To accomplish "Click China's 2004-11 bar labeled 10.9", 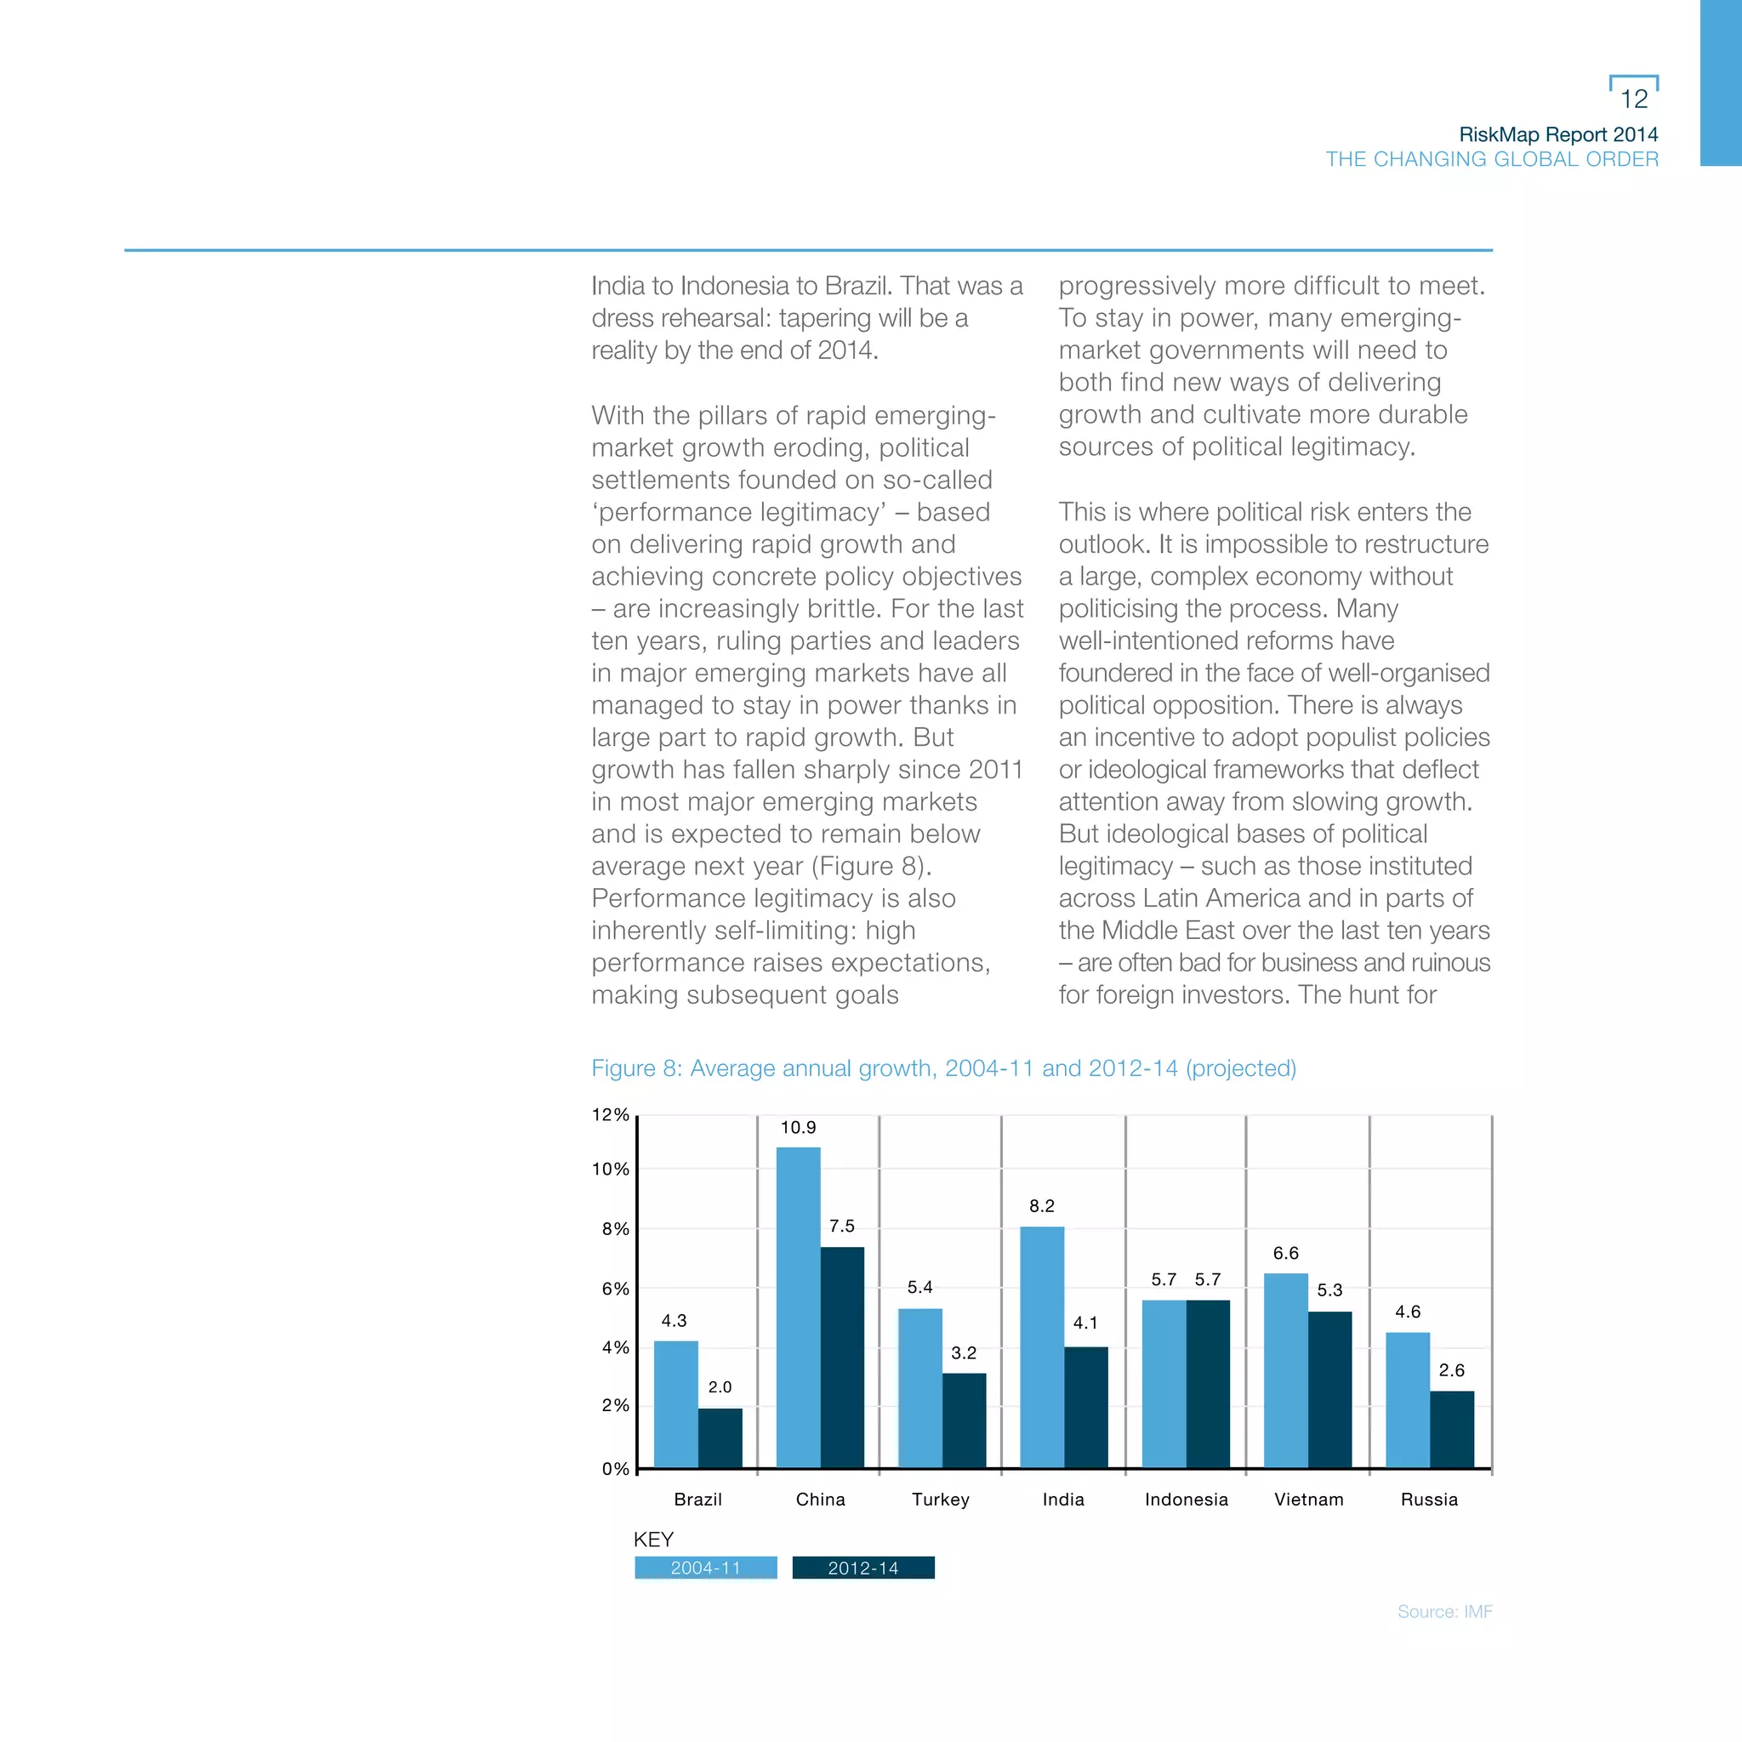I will pos(798,1307).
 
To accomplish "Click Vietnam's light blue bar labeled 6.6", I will pos(1286,1369).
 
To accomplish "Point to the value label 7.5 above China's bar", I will pos(841,1226).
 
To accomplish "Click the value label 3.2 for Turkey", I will pos(963,1352).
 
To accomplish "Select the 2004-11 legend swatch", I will pos(705,1568).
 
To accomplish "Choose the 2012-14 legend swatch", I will pos(862,1568).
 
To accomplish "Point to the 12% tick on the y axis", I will pos(611,1115).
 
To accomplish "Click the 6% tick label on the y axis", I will pos(615,1289).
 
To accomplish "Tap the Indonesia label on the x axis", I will pos(1186,1500).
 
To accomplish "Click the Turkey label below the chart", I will pos(940,1500).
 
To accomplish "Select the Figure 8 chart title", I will pos(943,1068).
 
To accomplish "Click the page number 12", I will pos(1634,99).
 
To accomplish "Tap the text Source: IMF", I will pos(1444,1611).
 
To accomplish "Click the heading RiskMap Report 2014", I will pos(1558,134).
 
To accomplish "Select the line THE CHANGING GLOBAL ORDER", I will pos(1491,160).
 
